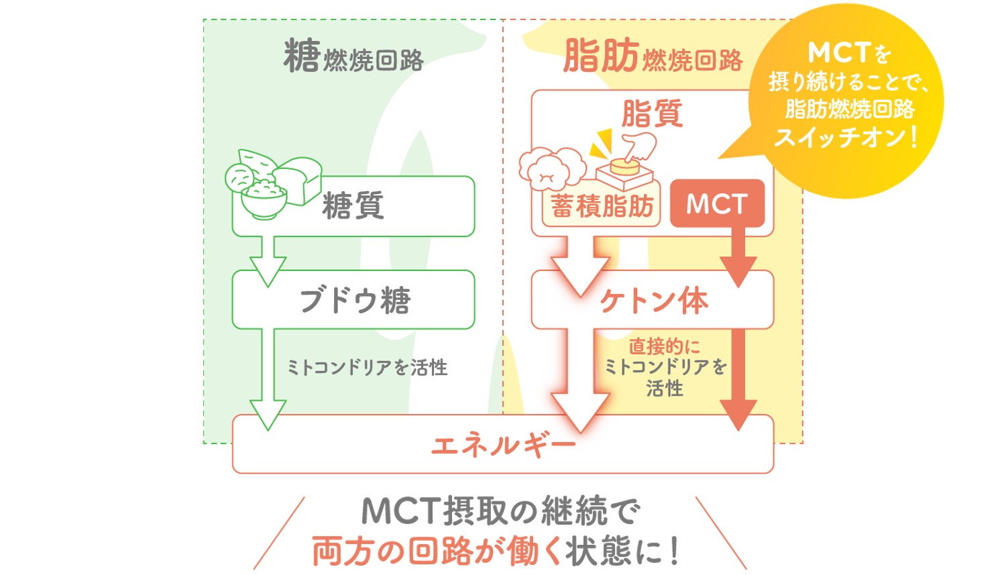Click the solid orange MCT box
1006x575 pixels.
(717, 203)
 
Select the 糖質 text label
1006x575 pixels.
(353, 205)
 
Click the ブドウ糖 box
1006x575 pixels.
(353, 300)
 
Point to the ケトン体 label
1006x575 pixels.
(654, 301)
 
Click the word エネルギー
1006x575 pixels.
(503, 446)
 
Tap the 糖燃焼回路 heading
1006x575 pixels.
(353, 56)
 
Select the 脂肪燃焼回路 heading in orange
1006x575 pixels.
(653, 56)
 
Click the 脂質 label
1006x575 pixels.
(652, 114)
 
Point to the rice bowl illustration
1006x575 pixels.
(264, 200)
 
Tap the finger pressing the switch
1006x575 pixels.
(640, 146)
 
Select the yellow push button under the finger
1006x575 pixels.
(624, 168)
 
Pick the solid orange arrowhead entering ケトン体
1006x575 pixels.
(738, 271)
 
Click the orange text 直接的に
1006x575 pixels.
(664, 346)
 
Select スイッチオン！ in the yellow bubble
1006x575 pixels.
(845, 137)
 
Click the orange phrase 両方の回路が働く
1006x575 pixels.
(437, 552)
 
